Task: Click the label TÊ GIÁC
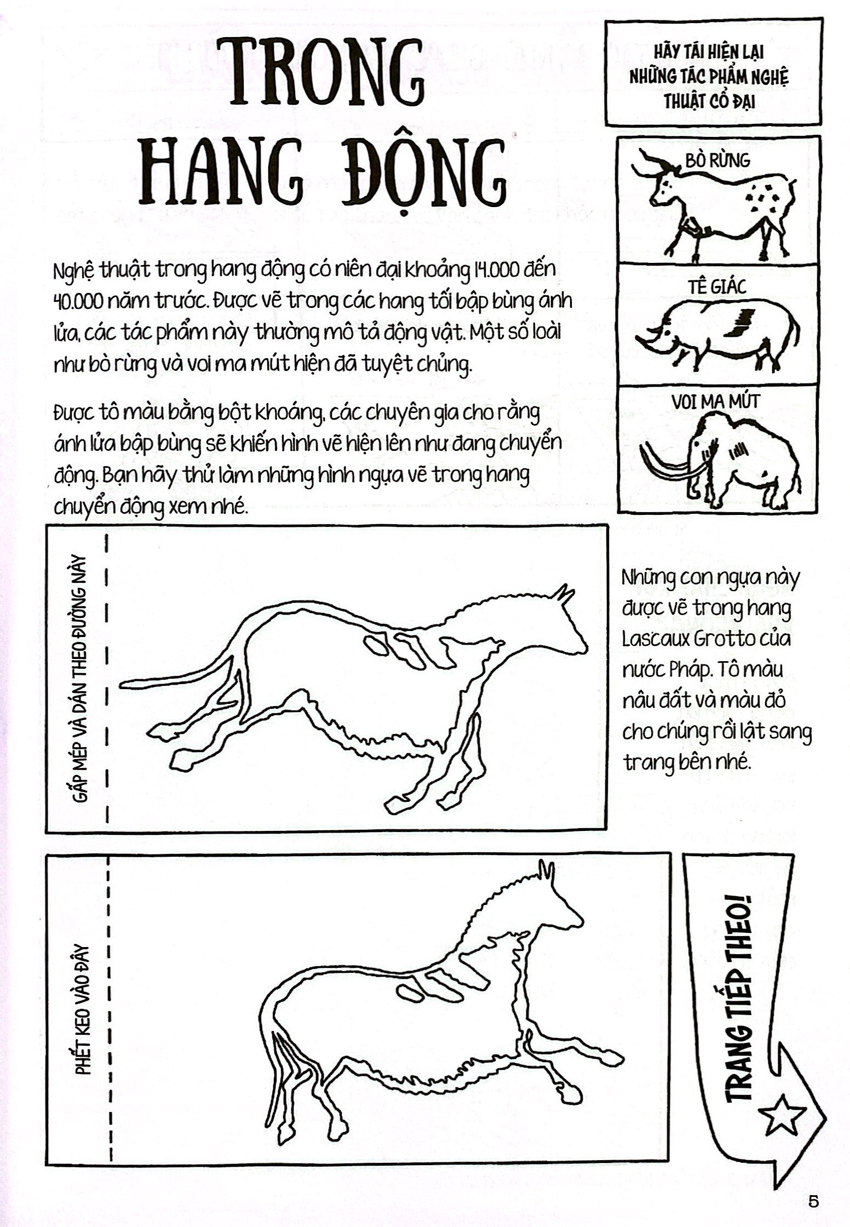tap(718, 286)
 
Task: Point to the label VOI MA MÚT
tap(716, 402)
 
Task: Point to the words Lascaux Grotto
tap(706, 638)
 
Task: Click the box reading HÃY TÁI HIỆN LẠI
tap(713, 72)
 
